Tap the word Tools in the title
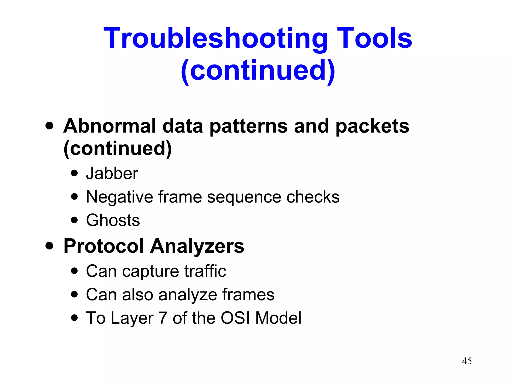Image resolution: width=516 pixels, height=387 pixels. [374, 38]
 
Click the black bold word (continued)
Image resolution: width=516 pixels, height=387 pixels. [118, 149]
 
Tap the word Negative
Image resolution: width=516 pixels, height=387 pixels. [119, 197]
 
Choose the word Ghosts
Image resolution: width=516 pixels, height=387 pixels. [113, 220]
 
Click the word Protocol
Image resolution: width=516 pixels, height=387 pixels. [104, 246]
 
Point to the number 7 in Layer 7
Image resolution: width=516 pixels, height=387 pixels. [163, 318]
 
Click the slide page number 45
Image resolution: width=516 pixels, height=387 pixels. [467, 361]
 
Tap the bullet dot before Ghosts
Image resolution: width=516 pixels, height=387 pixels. [74, 220]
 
